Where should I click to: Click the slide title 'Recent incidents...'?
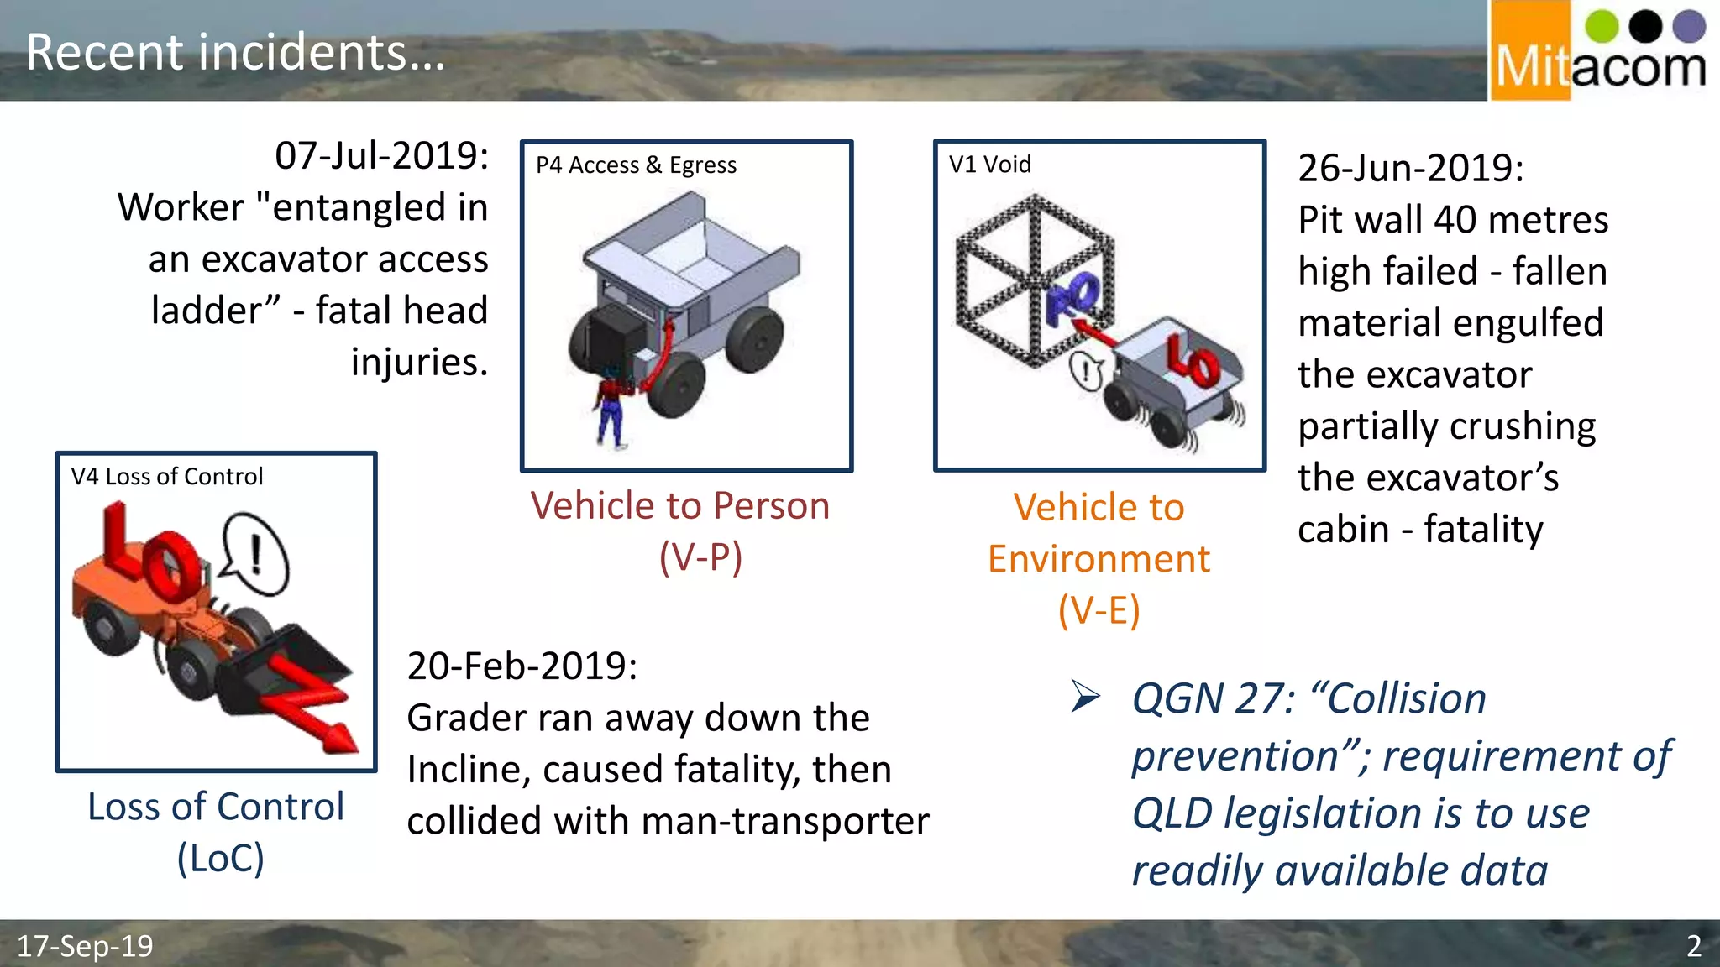coord(235,52)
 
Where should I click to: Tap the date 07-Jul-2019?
coord(382,155)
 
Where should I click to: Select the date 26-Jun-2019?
coord(1411,168)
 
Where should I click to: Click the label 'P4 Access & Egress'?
coord(636,165)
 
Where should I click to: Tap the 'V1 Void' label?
coord(989,165)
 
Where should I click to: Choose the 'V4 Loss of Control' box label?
coord(167,477)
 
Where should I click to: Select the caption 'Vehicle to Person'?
coord(680,506)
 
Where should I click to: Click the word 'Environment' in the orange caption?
coord(1099,559)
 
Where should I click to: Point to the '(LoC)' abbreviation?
coord(220,858)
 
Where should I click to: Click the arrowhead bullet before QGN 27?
coord(1085,697)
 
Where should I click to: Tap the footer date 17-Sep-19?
coord(85,946)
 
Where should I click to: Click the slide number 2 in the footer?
coord(1694,946)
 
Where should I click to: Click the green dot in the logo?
coord(1602,26)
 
